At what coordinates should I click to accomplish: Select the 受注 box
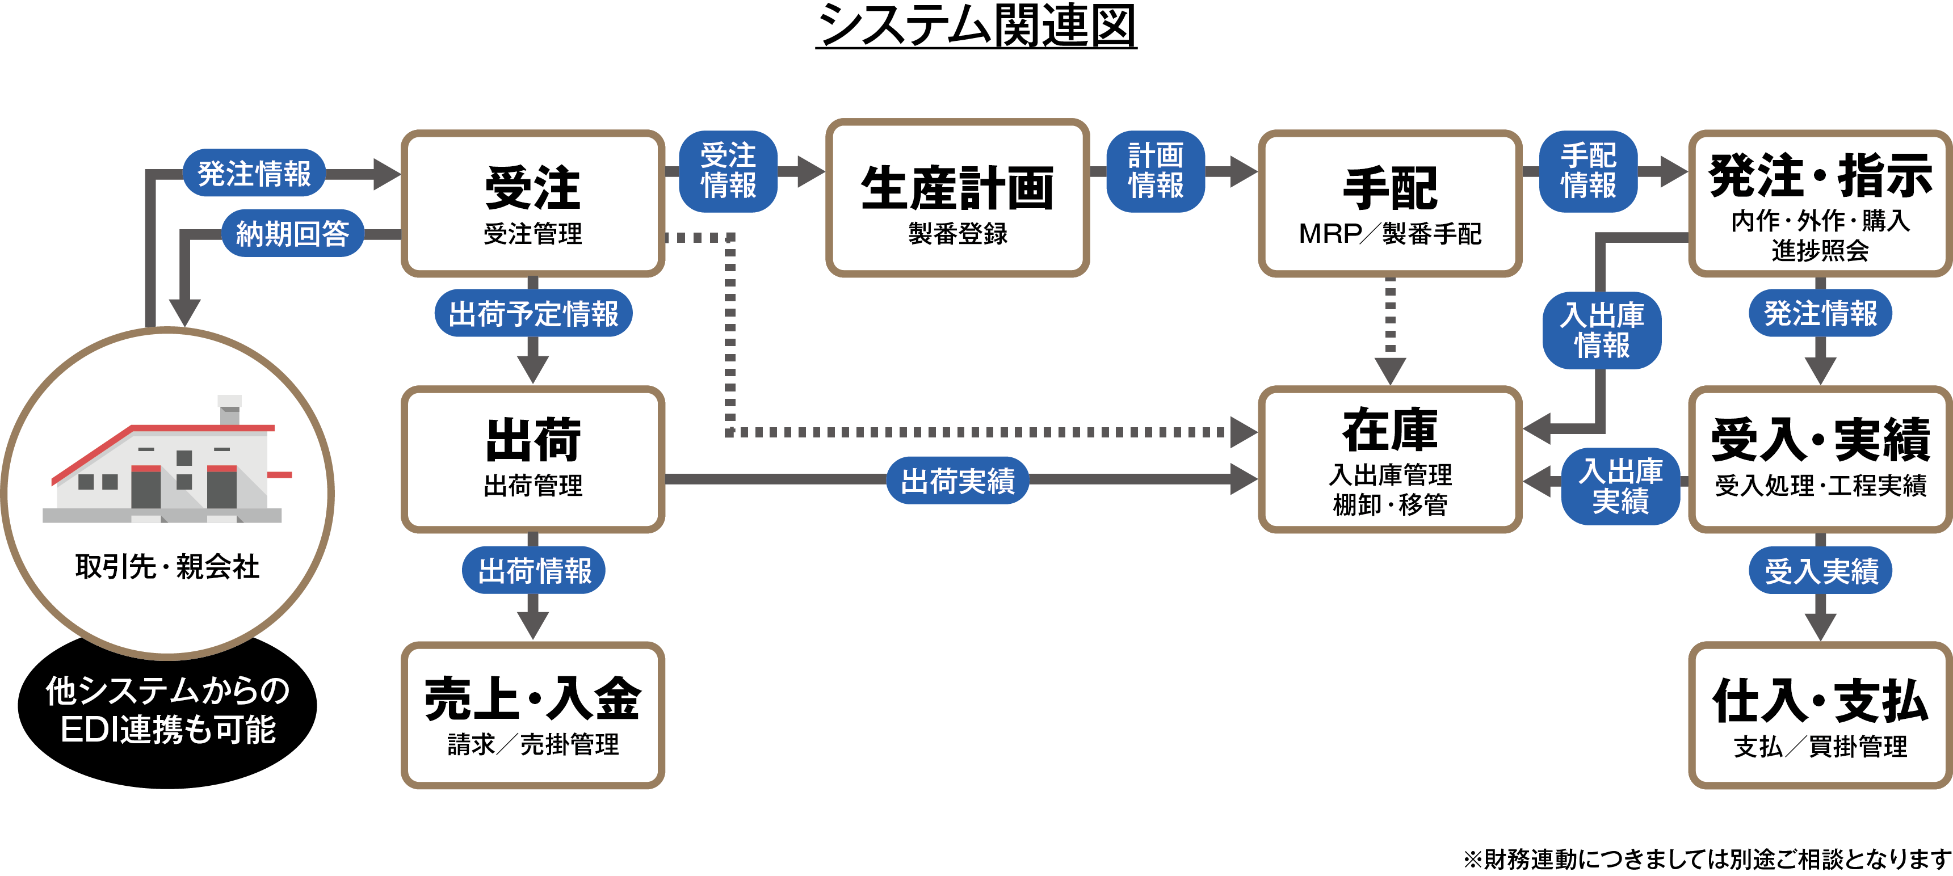point(533,203)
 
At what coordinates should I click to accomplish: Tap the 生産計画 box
point(957,199)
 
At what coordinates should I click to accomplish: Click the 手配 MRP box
point(1390,203)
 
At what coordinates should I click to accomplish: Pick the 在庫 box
point(1390,459)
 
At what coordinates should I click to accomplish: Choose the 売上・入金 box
point(533,715)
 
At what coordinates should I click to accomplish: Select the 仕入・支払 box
point(1820,715)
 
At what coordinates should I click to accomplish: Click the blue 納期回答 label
point(292,233)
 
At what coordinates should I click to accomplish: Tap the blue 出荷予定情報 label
point(533,313)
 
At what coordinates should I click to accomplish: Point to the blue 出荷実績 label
point(957,479)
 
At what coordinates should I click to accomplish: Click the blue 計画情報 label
point(1156,171)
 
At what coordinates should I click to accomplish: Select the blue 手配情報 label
point(1587,171)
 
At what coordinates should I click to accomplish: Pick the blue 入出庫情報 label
point(1601,330)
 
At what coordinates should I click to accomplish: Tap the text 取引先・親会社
point(167,567)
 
